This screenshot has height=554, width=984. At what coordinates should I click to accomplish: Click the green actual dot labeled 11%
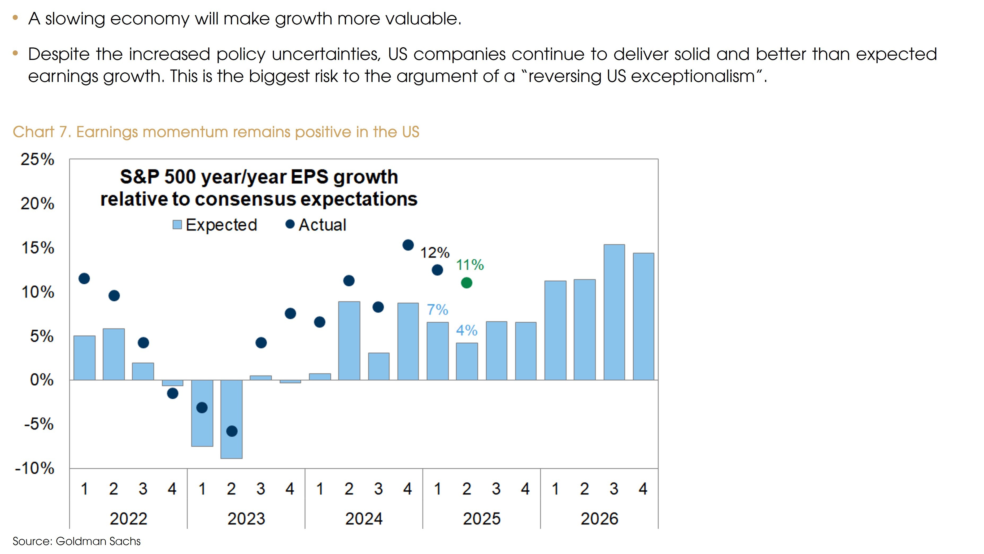[467, 283]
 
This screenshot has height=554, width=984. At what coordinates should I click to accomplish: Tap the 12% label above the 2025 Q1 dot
[435, 252]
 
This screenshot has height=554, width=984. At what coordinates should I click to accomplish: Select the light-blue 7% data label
[437, 309]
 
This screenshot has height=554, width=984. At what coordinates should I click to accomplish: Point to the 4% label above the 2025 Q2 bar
[467, 330]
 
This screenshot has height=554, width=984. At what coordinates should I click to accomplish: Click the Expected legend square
[177, 225]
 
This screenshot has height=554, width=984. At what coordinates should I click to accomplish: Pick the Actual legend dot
[290, 224]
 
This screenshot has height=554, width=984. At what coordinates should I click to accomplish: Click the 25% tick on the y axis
[37, 159]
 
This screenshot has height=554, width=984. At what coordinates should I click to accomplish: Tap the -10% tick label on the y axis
[35, 468]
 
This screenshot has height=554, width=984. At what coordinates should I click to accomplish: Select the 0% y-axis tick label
[42, 380]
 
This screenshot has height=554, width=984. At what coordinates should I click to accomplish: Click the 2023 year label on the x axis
[246, 518]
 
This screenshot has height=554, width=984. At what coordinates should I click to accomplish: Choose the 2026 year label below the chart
[599, 518]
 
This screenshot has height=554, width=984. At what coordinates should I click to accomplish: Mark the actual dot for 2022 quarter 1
[84, 278]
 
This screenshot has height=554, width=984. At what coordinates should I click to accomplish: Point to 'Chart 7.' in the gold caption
[42, 132]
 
